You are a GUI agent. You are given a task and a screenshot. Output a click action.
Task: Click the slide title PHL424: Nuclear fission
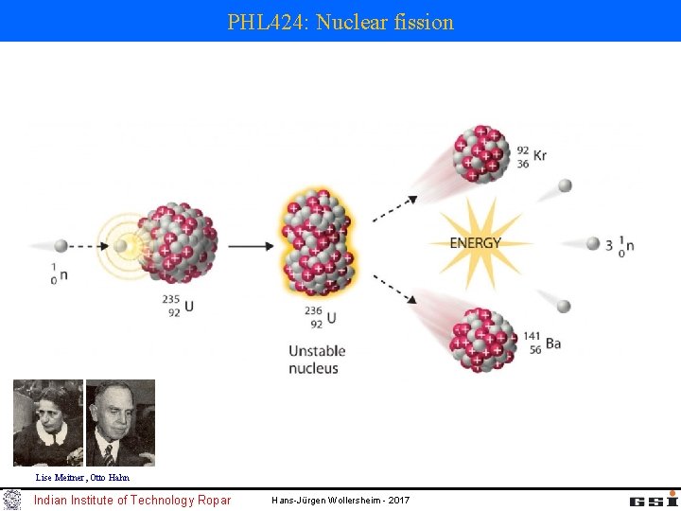coord(340,21)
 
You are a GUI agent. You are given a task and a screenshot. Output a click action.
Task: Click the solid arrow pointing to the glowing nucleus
coord(252,246)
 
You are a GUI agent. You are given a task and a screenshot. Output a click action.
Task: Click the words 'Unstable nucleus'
coord(317,360)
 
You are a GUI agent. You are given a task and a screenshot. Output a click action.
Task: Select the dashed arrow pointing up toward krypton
coord(393,209)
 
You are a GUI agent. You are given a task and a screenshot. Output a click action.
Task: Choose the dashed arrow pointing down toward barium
coord(393,287)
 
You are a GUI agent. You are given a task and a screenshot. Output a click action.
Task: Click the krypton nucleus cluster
coord(481,153)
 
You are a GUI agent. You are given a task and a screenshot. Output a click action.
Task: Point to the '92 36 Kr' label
coord(531,156)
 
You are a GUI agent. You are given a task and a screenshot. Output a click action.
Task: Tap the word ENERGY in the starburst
coord(475,243)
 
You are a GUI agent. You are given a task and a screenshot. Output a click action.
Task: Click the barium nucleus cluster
coord(483,338)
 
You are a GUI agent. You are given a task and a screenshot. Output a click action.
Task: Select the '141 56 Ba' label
coord(540,344)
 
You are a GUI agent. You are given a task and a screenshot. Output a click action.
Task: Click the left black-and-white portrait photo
coord(47,422)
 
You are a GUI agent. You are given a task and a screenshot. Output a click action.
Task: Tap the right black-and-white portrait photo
coord(120,422)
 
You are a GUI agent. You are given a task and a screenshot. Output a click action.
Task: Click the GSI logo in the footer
coord(645,499)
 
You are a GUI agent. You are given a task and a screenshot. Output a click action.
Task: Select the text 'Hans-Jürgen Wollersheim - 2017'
coord(340,500)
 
